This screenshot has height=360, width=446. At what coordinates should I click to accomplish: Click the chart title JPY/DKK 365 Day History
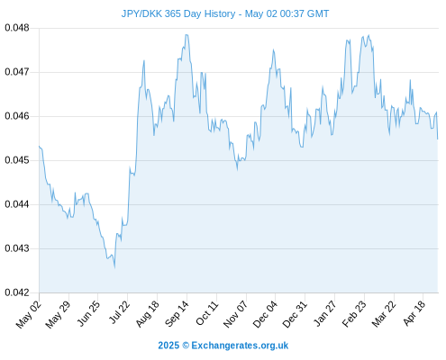(178, 13)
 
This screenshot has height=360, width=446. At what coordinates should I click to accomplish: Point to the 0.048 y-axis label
(17, 28)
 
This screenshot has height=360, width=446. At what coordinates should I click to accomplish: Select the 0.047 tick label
(17, 72)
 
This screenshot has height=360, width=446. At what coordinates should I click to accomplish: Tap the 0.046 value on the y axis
(17, 116)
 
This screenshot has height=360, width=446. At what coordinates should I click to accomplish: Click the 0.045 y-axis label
(17, 160)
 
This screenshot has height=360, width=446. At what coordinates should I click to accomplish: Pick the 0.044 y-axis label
(17, 204)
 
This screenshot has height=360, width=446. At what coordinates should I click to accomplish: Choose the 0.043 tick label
(17, 248)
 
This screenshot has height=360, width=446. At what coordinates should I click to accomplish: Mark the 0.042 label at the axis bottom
(17, 292)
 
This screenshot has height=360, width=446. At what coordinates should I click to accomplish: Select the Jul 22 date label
(118, 312)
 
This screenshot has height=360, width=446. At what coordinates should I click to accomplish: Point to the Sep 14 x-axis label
(177, 313)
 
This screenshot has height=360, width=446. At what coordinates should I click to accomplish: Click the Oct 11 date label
(206, 313)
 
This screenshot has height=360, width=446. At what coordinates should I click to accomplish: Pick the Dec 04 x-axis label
(265, 314)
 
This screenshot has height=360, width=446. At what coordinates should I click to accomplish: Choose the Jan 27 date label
(324, 313)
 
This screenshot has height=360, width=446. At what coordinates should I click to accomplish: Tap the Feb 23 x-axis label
(354, 313)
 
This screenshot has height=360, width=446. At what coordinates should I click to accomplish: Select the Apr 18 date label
(414, 313)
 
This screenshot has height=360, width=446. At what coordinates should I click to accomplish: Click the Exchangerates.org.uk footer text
(240, 346)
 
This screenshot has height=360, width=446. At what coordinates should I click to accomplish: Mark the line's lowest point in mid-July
(114, 267)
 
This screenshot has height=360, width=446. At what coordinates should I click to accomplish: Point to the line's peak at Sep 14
(187, 34)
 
